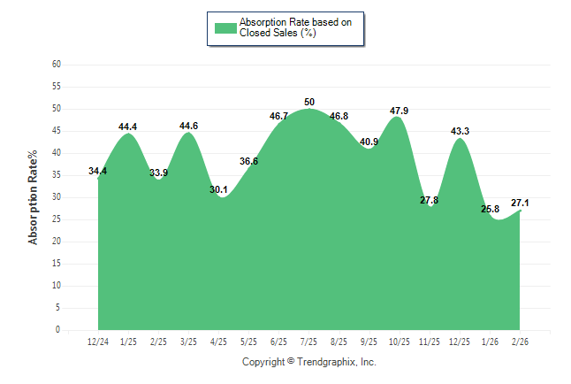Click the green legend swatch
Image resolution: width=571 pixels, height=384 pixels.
[x=225, y=27]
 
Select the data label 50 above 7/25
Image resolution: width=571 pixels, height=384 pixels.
[x=308, y=103]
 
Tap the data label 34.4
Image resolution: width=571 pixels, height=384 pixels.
[x=98, y=171]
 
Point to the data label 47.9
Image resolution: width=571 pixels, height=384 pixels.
[x=400, y=111]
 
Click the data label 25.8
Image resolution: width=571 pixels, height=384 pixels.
[x=490, y=209]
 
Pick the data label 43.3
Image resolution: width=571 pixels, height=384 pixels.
[x=460, y=131]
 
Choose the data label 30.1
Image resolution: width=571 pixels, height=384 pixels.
[x=218, y=189]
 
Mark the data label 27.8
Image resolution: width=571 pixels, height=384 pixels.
[x=430, y=200]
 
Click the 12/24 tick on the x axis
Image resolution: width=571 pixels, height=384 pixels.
[x=98, y=341]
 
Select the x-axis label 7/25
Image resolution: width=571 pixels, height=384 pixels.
[x=308, y=341]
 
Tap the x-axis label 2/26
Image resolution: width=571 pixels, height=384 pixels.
[x=520, y=341]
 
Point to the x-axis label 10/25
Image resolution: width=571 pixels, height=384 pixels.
[x=400, y=341]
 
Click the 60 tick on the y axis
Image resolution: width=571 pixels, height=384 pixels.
[x=57, y=65]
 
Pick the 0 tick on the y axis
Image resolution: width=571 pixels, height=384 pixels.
[x=58, y=330]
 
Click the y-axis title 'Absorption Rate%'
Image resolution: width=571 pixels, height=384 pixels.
[x=34, y=197]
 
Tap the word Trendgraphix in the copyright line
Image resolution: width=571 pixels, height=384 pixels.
[x=325, y=362]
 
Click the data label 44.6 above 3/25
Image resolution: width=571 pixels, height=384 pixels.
[x=188, y=126]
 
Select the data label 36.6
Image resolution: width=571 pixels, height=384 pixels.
[x=248, y=161]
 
